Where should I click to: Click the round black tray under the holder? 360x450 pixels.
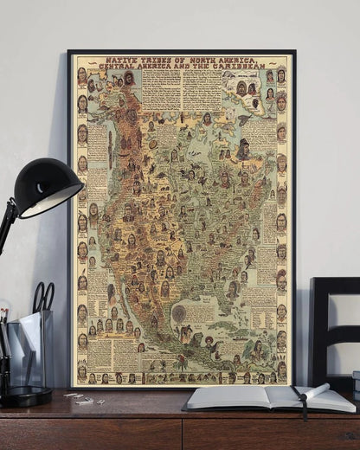pyautogui.click(x=26, y=396)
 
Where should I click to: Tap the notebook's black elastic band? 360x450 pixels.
pyautogui.click(x=300, y=400)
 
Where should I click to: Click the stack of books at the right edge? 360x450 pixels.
pyautogui.click(x=356, y=384)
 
